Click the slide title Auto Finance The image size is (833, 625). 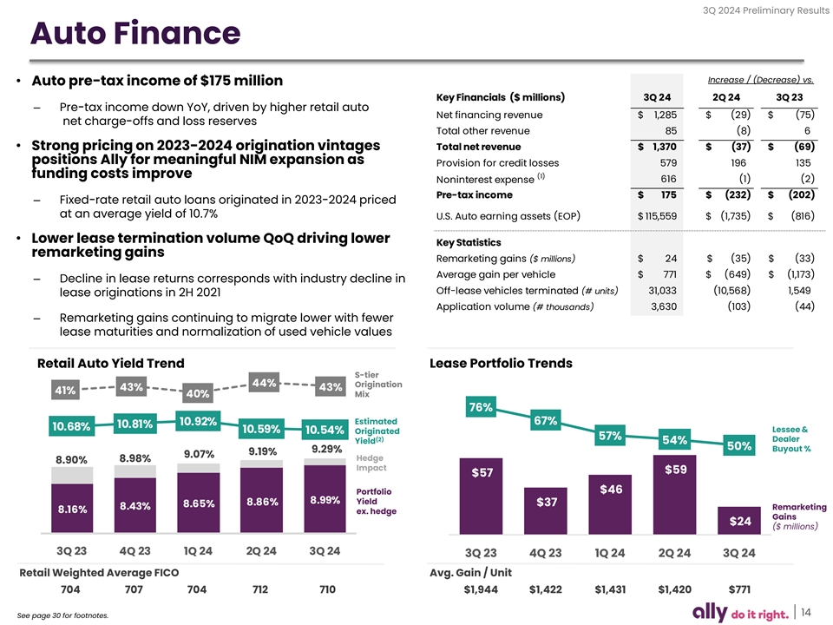(134, 34)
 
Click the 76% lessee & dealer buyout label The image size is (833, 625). (481, 407)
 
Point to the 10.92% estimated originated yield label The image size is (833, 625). (198, 422)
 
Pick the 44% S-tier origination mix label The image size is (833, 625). (263, 383)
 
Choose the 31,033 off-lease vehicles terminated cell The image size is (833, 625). (657, 290)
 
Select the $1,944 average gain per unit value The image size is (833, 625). (482, 590)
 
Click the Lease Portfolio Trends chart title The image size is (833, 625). (501, 363)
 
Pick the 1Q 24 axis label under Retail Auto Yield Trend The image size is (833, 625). (198, 551)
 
